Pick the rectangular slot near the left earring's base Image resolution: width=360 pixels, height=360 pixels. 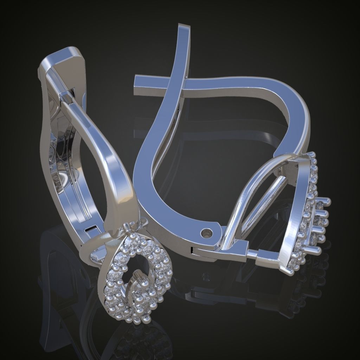92,230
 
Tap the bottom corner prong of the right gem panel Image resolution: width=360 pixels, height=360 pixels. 291,271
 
